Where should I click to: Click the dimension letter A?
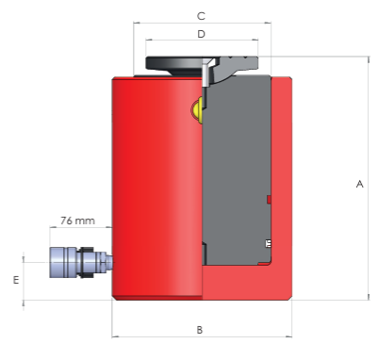360,184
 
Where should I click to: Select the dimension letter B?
200,330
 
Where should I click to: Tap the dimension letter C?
201,16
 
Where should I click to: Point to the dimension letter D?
201,34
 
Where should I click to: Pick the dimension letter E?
16,280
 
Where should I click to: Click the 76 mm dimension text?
77,221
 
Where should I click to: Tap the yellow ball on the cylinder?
196,110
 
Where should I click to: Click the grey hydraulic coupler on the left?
81,262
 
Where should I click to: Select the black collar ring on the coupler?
86,262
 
